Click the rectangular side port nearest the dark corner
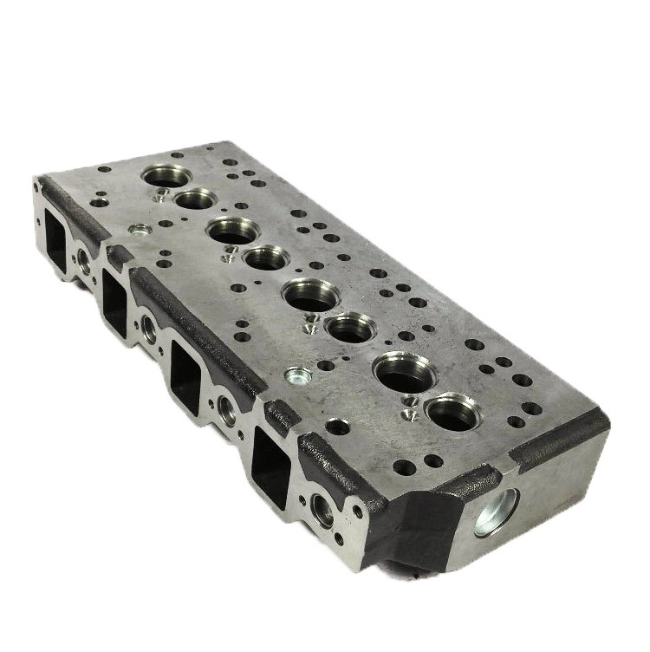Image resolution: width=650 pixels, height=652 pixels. (272, 461)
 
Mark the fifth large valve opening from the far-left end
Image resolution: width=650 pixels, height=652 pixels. (308, 295)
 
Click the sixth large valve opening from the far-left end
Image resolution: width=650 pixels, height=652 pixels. (348, 329)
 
